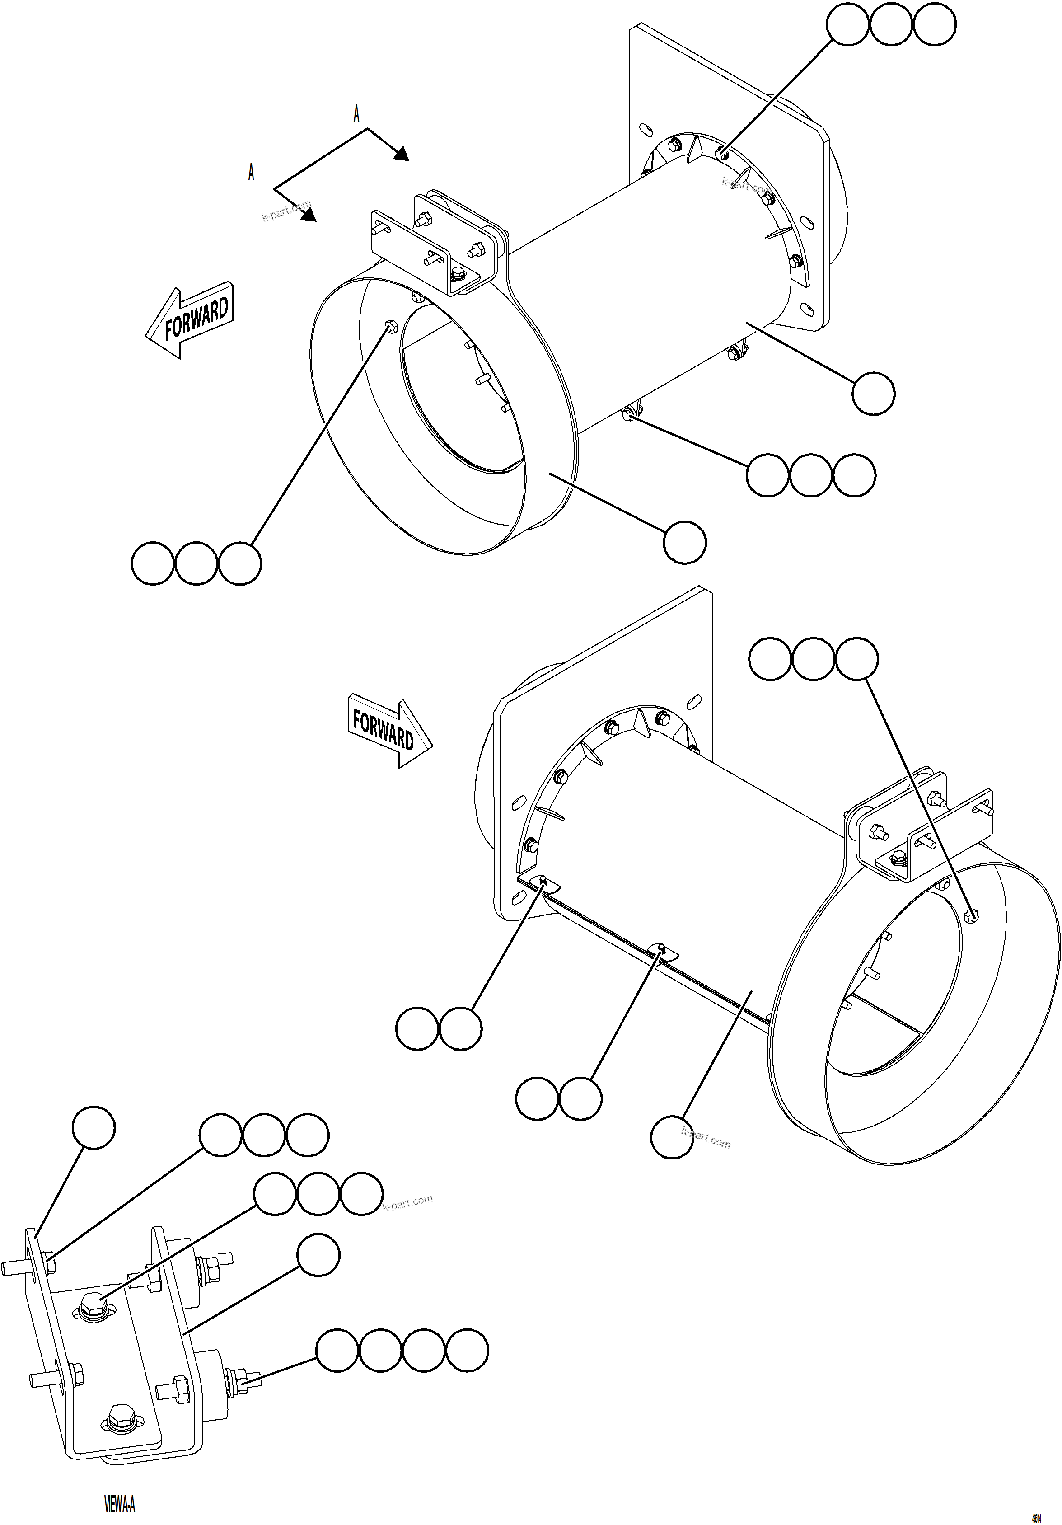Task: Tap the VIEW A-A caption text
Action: click(120, 1503)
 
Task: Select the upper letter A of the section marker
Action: click(357, 113)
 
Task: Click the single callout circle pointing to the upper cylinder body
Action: click(873, 394)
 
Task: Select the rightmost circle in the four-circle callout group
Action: click(467, 1350)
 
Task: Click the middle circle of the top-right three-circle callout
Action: click(891, 24)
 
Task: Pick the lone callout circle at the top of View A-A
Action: click(94, 1127)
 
